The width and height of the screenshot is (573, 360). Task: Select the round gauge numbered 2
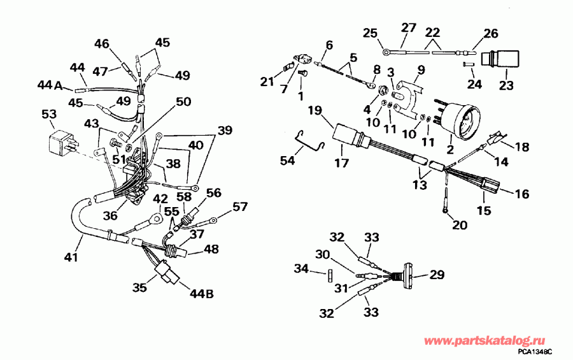(459, 119)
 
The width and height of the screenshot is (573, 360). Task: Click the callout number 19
(317, 110)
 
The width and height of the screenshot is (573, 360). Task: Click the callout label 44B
(201, 293)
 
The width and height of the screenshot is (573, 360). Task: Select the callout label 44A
(50, 85)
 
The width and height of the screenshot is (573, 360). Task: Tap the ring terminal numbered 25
(386, 52)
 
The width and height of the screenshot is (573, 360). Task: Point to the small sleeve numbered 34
(329, 275)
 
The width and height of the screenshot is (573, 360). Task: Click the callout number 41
(71, 257)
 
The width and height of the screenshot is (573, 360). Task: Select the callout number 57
(240, 207)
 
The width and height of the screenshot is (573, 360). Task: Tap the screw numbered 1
(302, 75)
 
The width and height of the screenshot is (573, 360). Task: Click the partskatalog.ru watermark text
(485, 341)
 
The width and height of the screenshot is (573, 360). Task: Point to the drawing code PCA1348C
(535, 352)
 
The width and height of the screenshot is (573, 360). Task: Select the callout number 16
(521, 194)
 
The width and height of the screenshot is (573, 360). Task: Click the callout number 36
(110, 215)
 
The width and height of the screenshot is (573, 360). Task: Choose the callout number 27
(409, 28)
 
